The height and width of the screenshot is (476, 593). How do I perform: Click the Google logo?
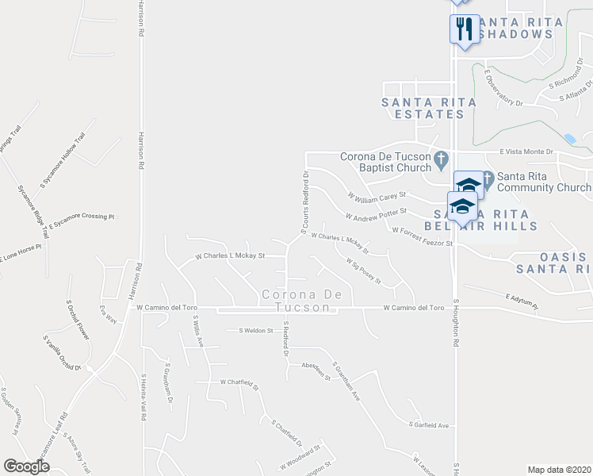point(26,466)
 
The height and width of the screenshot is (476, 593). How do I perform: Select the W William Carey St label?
point(377,194)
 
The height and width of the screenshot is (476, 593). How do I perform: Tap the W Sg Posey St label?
point(363,271)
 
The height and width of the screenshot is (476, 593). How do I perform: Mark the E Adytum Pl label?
point(521,301)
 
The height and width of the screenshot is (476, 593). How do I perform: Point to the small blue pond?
point(570,139)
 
